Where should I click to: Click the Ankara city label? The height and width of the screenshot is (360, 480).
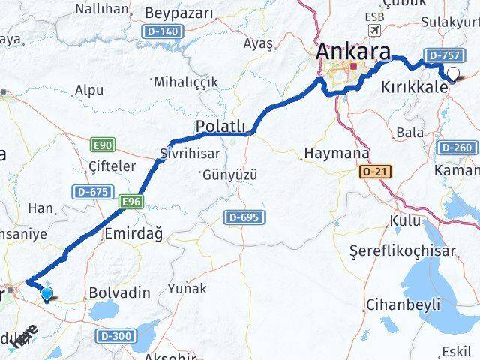[x=353, y=52]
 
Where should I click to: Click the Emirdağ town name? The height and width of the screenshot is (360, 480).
[x=134, y=234]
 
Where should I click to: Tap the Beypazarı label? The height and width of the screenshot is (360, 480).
[x=179, y=13]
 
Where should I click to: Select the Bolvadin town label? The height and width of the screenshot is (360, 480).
[x=115, y=289]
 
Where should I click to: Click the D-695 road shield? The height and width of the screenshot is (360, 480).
[x=241, y=217]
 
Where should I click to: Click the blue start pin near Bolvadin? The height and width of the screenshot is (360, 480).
[x=48, y=294]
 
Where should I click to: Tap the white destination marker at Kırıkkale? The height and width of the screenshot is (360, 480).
[x=453, y=73]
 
